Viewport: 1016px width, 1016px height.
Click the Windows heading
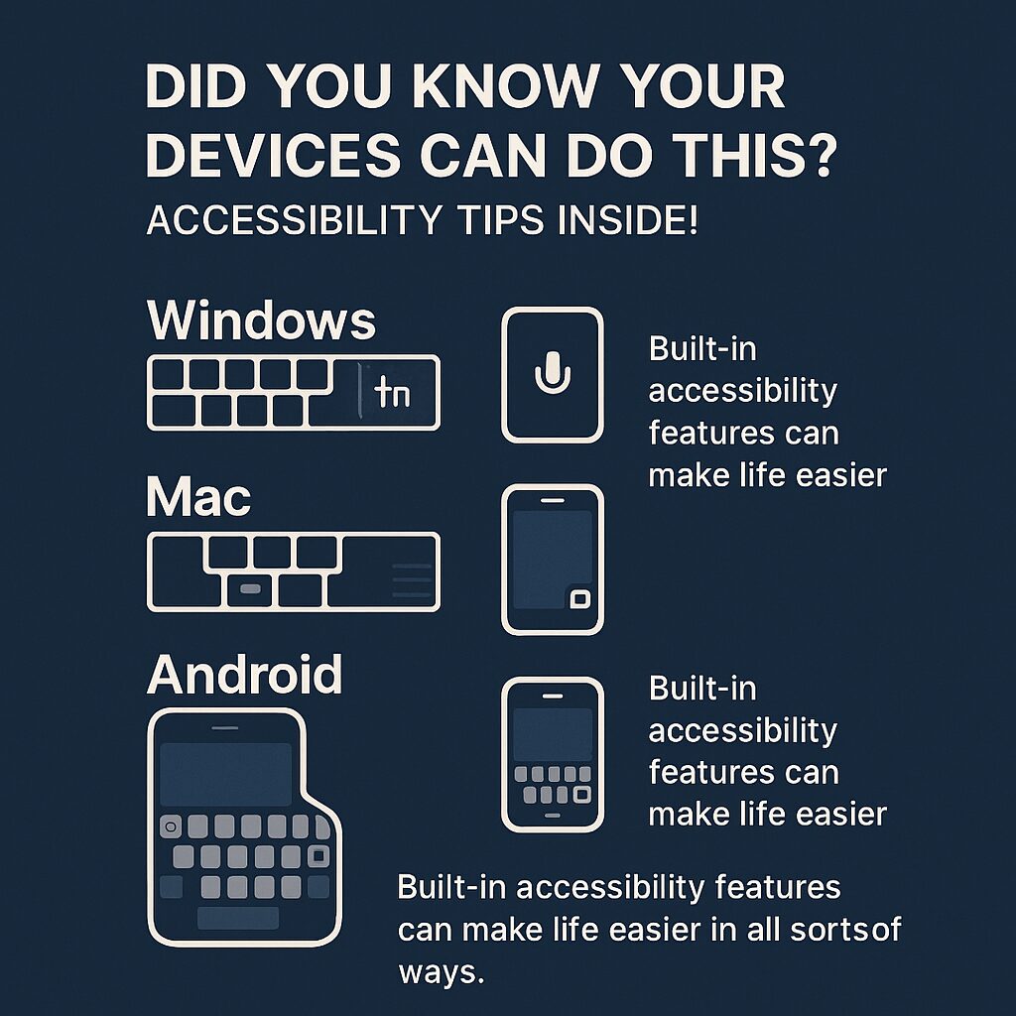coord(261,321)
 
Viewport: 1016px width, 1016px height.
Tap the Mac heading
coord(198,498)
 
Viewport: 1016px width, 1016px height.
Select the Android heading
coord(244,676)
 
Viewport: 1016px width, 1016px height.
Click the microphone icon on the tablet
coord(552,374)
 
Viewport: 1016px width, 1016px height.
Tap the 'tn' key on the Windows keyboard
coord(391,395)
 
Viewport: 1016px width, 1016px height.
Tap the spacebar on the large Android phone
coord(237,918)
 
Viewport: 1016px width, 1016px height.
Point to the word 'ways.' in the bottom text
coord(441,971)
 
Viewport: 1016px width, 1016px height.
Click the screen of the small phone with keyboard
coord(552,733)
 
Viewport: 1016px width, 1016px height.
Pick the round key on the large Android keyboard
coord(170,826)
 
